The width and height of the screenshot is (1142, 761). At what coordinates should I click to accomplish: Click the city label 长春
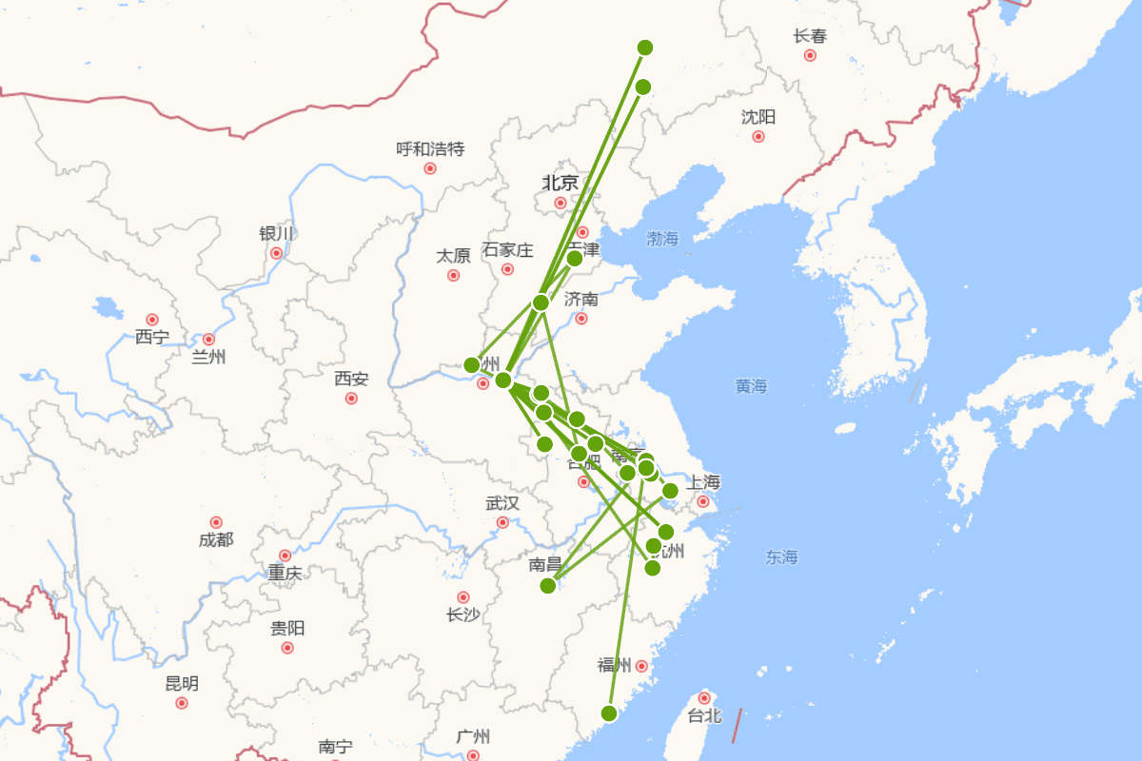pyautogui.click(x=810, y=36)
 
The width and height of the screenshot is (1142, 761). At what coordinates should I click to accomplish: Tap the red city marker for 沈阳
pyautogui.click(x=758, y=136)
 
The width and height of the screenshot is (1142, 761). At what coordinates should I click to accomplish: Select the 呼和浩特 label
pyautogui.click(x=430, y=148)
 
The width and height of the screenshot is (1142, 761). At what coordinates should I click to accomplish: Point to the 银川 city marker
pyautogui.click(x=276, y=253)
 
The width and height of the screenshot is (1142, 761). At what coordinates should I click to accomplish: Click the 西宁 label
pyautogui.click(x=151, y=337)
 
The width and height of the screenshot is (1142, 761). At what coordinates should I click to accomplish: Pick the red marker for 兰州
pyautogui.click(x=208, y=340)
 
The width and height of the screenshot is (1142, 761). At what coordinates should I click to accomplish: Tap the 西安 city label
pyautogui.click(x=351, y=379)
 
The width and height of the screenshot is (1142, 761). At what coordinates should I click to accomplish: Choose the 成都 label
pyautogui.click(x=216, y=540)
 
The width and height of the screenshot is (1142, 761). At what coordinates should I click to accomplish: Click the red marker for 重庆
pyautogui.click(x=285, y=556)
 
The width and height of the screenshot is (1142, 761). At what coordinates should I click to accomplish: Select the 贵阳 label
pyautogui.click(x=287, y=628)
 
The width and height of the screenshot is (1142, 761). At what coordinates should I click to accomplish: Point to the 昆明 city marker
pyautogui.click(x=182, y=703)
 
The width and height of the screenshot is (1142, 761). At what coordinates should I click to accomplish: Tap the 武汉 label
pyautogui.click(x=502, y=503)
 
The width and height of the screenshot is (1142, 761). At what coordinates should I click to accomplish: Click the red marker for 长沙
pyautogui.click(x=463, y=597)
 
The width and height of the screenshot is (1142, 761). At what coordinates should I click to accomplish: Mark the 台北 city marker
pyautogui.click(x=704, y=698)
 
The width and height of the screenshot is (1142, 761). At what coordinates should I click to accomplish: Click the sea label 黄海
pyautogui.click(x=751, y=386)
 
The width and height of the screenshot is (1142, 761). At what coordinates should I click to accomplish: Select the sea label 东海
pyautogui.click(x=781, y=557)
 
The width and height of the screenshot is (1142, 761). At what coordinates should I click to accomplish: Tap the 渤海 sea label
pyautogui.click(x=662, y=238)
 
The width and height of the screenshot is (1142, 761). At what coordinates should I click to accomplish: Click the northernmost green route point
pyautogui.click(x=645, y=48)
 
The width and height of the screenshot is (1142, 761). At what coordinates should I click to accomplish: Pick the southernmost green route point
pyautogui.click(x=609, y=713)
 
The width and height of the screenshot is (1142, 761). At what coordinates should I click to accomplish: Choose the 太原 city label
pyautogui.click(x=453, y=256)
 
